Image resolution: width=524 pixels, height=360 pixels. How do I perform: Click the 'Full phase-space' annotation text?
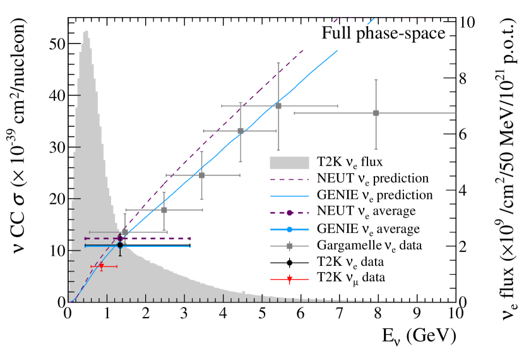tap(384, 33)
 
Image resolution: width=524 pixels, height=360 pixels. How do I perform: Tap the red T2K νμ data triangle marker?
tap(101, 267)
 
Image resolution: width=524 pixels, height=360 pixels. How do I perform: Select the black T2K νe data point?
tap(120, 245)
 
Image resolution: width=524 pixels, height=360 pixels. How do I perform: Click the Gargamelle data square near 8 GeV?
tap(376, 113)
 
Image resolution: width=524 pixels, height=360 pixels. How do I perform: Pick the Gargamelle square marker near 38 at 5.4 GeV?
tap(278, 105)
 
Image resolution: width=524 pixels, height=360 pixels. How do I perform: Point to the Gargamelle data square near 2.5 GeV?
tap(164, 210)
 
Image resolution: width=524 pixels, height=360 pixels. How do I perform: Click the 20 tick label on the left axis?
tap(56, 199)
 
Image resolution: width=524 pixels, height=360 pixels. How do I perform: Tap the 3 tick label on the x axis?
tap(183, 315)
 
